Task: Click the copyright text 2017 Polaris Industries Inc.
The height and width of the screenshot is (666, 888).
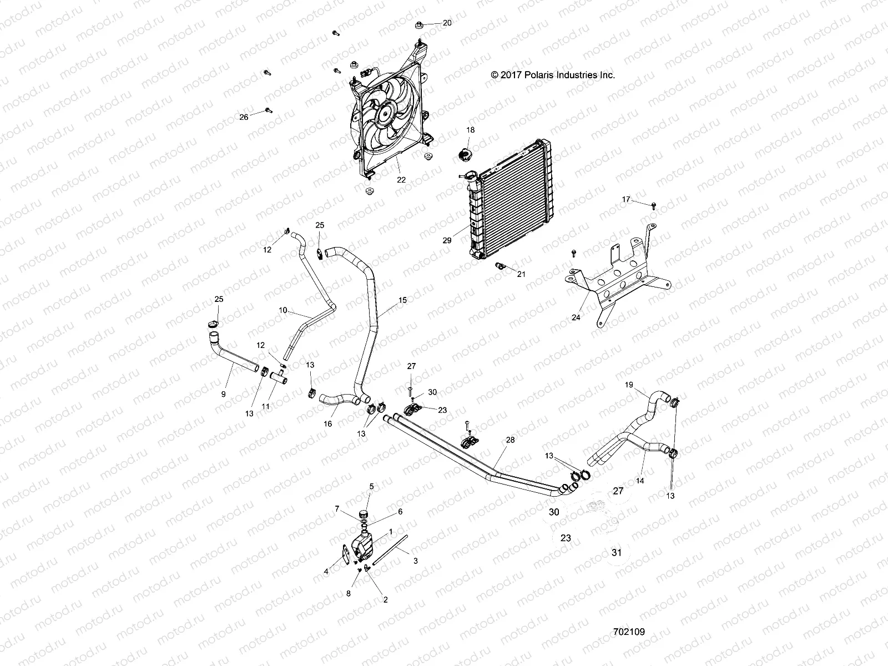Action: (553, 75)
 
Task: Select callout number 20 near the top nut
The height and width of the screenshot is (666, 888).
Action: (447, 23)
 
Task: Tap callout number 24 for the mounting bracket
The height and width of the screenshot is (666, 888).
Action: (576, 317)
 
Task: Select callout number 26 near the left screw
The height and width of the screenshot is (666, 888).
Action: (244, 117)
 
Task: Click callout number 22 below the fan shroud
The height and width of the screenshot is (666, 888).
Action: (401, 180)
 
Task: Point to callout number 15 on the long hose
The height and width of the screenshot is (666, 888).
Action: (402, 300)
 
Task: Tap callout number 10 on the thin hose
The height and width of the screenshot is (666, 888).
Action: (283, 310)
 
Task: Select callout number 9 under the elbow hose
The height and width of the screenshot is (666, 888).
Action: (223, 394)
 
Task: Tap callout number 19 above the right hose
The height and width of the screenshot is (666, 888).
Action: (629, 385)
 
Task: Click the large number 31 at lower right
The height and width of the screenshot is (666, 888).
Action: (617, 552)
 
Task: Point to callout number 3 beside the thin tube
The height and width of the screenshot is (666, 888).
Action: (415, 561)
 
